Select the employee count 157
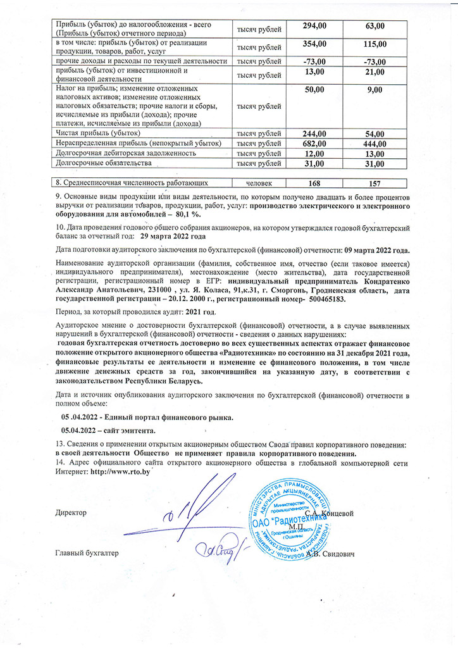pyautogui.click(x=375, y=184)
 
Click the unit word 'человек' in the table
pyautogui.click(x=259, y=184)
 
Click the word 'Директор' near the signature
pyautogui.click(x=71, y=511)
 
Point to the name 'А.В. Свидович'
pyautogui.click(x=330, y=554)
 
